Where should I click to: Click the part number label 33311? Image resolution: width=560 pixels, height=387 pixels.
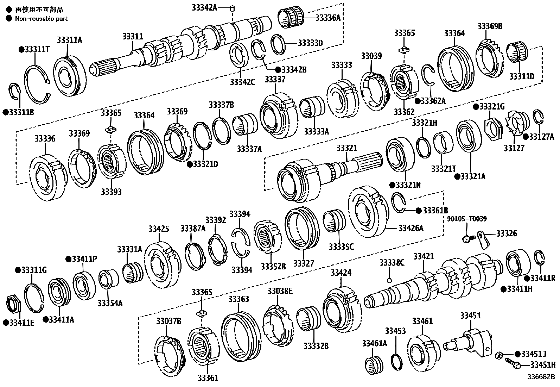[133, 36]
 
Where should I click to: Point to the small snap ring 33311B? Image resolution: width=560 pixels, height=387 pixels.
[15, 92]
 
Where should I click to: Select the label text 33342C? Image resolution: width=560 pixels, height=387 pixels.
[242, 82]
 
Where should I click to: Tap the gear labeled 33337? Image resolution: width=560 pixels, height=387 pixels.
[278, 114]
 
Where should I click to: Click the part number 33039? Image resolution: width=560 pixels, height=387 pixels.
[371, 56]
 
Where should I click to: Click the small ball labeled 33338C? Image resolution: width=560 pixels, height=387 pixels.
[389, 280]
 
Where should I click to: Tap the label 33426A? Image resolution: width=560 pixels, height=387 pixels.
[411, 228]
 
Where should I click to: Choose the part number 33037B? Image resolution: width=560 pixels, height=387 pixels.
[168, 321]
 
